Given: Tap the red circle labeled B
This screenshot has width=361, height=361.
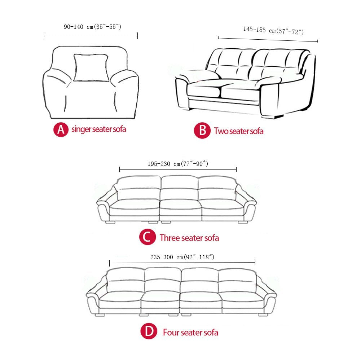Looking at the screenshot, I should (202, 131).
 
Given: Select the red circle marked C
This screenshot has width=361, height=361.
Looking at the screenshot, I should (147, 238).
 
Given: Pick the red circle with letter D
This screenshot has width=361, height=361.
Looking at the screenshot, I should (149, 332).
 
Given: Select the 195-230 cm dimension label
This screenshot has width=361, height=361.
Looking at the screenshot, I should (178, 164).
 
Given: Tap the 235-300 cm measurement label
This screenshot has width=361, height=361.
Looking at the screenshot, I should (182, 257).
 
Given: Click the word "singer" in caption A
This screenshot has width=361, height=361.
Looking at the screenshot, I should (81, 129).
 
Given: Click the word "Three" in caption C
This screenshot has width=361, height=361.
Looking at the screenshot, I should (170, 238).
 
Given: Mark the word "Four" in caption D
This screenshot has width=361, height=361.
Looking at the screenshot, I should (171, 332).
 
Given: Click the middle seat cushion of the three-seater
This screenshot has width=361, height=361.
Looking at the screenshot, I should (180, 207).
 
